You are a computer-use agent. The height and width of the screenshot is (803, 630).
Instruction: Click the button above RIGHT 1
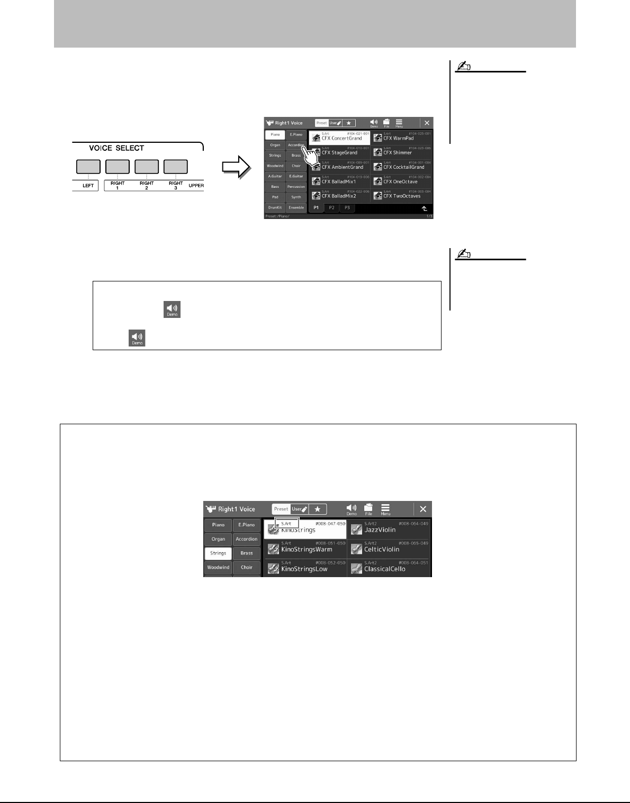[118, 167]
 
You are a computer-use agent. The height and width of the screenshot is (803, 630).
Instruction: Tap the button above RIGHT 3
[175, 167]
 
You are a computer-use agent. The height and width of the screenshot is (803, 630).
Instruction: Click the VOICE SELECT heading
[116, 148]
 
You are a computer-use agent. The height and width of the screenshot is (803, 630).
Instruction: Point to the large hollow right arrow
[236, 167]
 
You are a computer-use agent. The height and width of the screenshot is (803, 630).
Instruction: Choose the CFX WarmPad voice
[401, 138]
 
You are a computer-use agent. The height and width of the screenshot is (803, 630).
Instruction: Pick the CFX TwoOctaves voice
[401, 195]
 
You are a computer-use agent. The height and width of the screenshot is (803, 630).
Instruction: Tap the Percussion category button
[296, 187]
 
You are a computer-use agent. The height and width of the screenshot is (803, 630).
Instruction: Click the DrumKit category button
[275, 207]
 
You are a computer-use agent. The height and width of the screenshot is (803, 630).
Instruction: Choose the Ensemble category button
[296, 207]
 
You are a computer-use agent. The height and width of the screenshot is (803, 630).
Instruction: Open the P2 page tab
[331, 208]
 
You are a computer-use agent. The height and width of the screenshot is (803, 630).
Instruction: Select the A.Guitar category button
[275, 176]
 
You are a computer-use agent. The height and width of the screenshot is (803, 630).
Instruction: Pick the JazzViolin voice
[389, 529]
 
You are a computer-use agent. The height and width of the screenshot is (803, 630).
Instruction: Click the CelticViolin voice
[389, 549]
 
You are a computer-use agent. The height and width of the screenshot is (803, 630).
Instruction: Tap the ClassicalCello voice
[389, 568]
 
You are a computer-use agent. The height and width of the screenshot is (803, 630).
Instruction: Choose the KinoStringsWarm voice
[305, 549]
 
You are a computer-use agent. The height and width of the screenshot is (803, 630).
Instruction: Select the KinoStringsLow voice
[305, 568]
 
